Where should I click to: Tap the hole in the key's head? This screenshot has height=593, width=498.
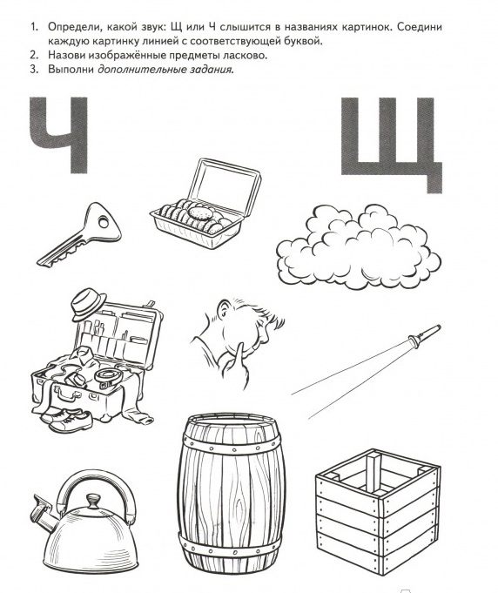103,222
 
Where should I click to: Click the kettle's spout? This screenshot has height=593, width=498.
44,512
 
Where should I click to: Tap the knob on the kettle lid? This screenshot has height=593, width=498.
92,501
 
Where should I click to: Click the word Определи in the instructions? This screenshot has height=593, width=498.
75,28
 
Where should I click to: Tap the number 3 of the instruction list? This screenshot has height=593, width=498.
34,70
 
